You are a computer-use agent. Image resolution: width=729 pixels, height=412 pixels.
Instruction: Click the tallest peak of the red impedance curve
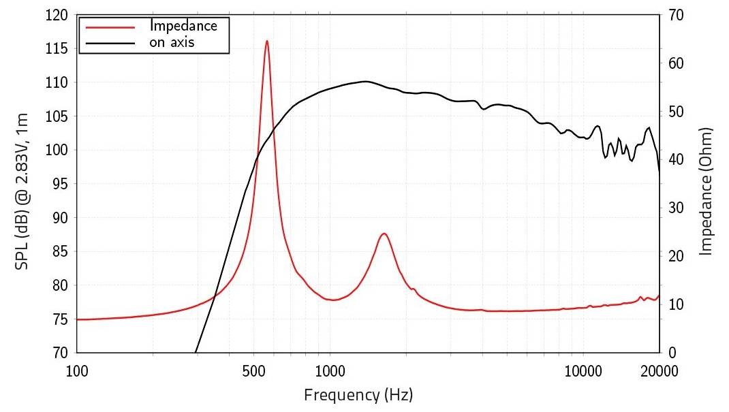(x=266, y=41)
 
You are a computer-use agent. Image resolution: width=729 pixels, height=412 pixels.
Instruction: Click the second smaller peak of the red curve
(x=384, y=234)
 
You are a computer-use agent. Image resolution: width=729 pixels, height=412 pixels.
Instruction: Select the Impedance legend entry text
(x=183, y=27)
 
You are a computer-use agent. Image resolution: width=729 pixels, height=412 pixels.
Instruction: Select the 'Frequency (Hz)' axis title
(x=358, y=394)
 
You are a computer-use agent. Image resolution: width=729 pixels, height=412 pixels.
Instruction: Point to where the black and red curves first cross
(x=215, y=294)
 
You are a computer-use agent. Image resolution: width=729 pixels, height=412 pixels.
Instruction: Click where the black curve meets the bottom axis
(x=196, y=352)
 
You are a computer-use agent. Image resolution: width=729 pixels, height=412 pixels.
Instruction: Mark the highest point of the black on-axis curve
(x=365, y=81)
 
